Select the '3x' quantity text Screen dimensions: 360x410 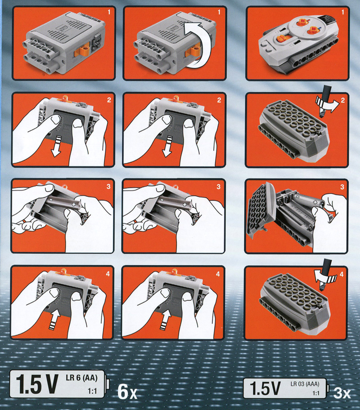coord(342,393)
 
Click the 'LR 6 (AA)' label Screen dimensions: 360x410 coord(81,378)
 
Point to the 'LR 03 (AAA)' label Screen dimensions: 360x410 coord(305,384)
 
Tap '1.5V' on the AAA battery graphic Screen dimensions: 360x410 coord(265,388)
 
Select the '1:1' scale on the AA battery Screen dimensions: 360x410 coord(92,391)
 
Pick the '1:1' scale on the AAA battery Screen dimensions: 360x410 coord(316,393)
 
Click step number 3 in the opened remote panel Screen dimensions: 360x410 coord(342,187)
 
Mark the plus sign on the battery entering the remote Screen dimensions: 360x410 coord(315,202)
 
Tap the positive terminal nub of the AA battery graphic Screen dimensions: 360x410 coord(108,384)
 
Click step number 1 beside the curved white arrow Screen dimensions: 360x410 coord(219,12)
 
